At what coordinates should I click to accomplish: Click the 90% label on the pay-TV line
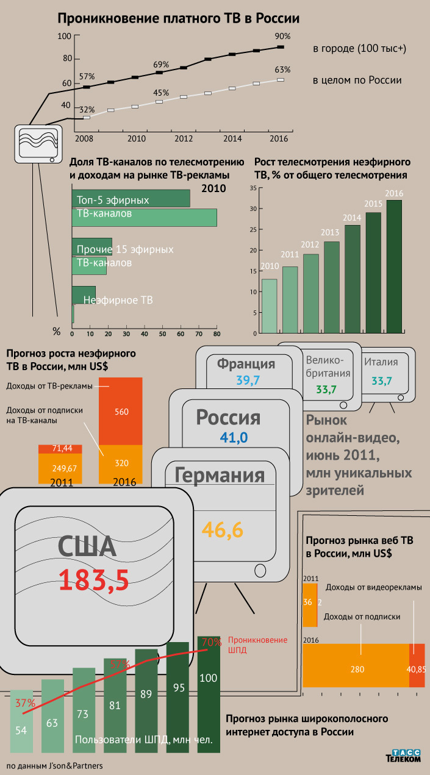point(282,36)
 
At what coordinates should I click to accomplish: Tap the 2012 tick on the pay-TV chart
point(184,139)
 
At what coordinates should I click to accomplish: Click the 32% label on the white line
point(87,109)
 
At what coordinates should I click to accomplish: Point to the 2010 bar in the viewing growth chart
point(269,305)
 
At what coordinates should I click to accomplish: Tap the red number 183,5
point(94,580)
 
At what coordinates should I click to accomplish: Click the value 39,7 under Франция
point(248,381)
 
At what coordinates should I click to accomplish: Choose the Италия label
point(381,362)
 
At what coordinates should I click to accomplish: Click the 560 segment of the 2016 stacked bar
point(121,411)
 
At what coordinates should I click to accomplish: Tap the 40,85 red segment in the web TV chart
point(416,669)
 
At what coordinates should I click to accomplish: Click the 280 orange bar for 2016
point(357,669)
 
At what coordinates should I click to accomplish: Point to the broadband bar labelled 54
point(21,730)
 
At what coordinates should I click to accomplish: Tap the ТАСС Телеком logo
point(403,755)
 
